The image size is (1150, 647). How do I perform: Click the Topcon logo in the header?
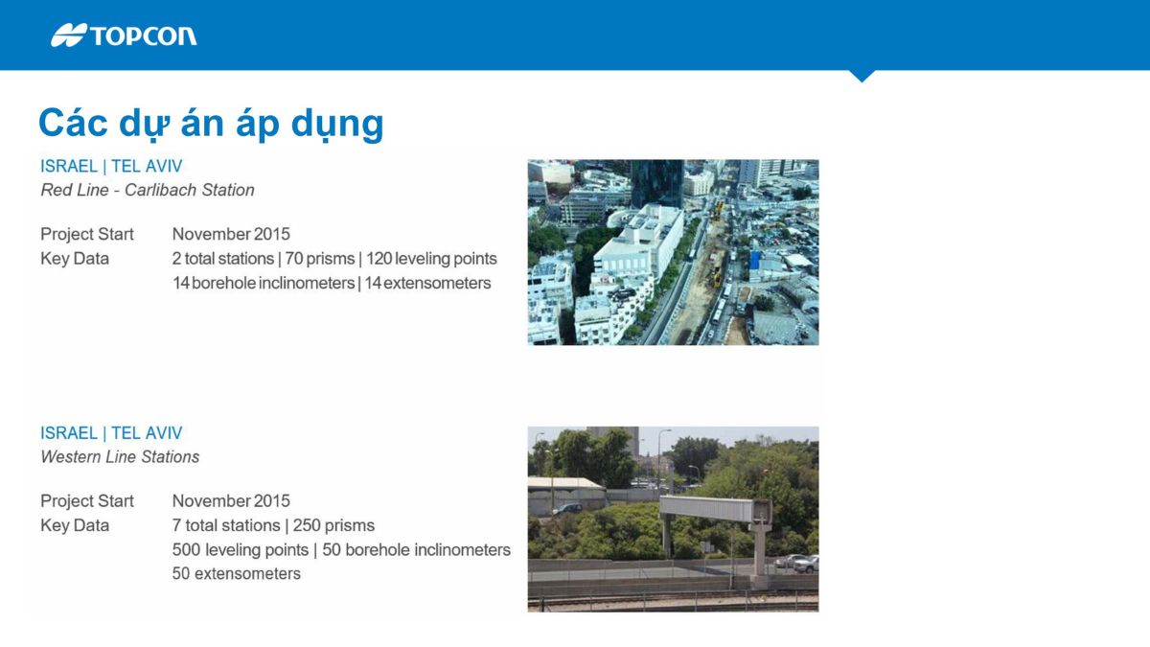click(x=124, y=35)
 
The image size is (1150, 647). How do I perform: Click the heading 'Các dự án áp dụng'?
click(x=211, y=124)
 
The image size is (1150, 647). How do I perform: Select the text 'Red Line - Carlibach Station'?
click(x=148, y=190)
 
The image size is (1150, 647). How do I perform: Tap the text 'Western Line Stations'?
click(x=120, y=456)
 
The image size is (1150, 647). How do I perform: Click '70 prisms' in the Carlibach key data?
click(x=320, y=258)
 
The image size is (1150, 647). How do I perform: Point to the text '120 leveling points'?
click(x=431, y=258)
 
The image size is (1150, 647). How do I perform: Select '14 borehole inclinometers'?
click(x=264, y=283)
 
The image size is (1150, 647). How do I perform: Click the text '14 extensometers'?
click(x=427, y=283)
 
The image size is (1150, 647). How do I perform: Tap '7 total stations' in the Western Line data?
click(x=226, y=525)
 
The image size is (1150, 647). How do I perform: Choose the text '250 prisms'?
click(x=333, y=525)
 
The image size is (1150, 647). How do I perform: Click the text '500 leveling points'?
click(x=241, y=550)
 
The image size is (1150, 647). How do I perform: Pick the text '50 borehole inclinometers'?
click(x=416, y=550)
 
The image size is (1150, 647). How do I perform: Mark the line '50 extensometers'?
click(x=236, y=573)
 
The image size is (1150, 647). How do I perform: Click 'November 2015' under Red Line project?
click(x=231, y=234)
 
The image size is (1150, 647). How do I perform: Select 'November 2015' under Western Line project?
click(x=231, y=500)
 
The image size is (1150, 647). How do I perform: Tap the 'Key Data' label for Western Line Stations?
click(x=75, y=525)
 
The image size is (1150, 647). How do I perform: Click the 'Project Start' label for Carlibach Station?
click(x=87, y=234)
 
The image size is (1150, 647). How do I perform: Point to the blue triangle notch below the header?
click(x=862, y=76)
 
